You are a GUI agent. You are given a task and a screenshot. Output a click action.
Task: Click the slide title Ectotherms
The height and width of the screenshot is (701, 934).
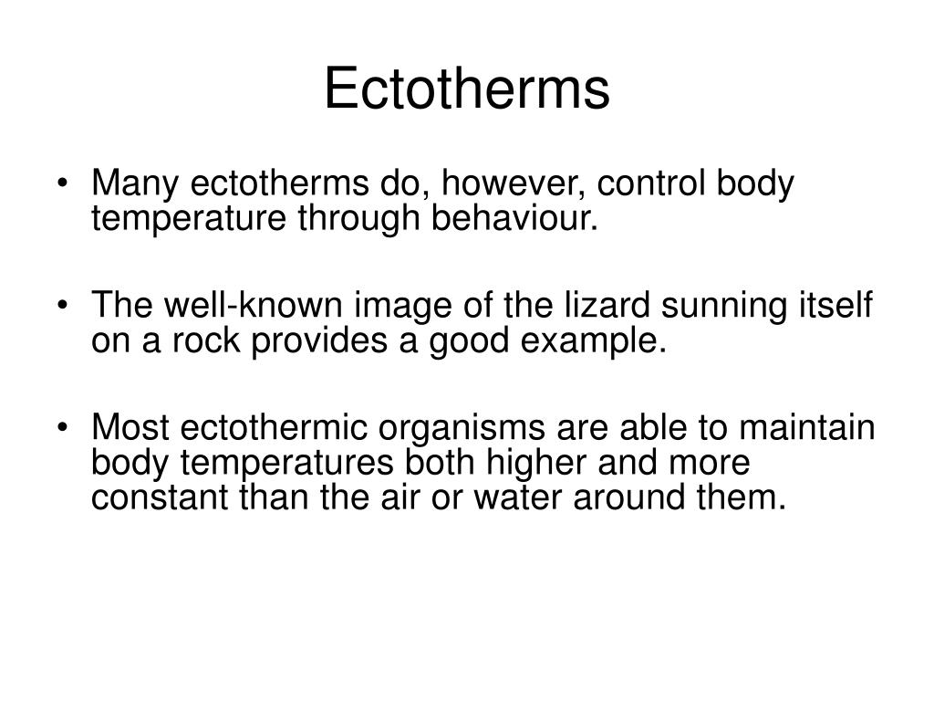466,90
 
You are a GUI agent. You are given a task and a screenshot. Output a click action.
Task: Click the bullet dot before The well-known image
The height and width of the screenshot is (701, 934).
73,309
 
